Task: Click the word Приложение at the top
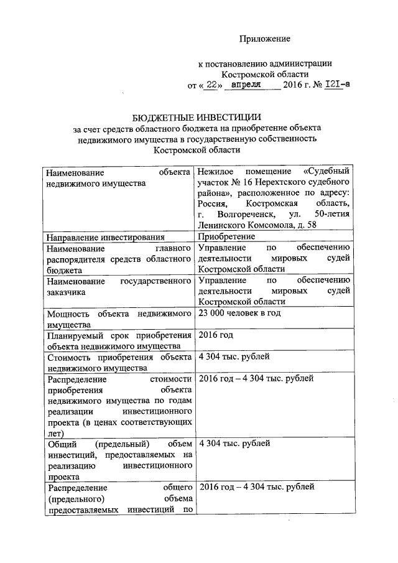coord(266,39)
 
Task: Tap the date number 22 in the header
coord(211,85)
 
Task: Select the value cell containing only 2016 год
coord(215,335)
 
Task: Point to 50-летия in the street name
coord(332,214)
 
